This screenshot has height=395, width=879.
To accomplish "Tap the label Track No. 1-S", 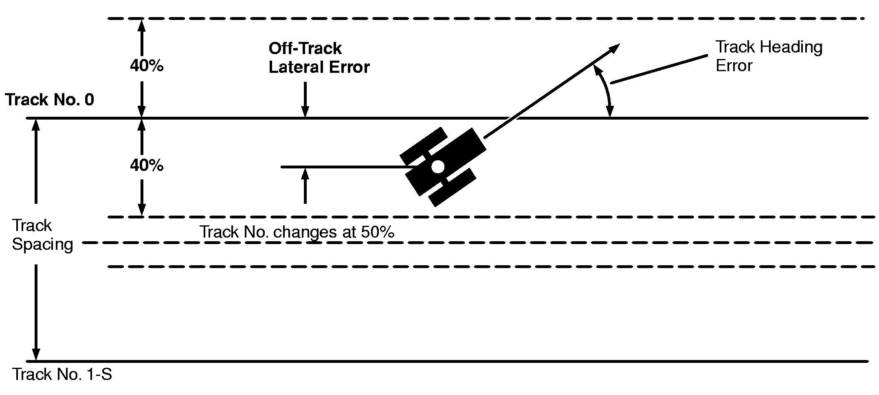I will [62, 374].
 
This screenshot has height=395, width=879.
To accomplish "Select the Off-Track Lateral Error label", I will [319, 58].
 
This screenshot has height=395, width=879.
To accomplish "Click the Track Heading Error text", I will [769, 56].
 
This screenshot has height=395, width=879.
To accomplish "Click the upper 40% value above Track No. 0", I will [147, 66].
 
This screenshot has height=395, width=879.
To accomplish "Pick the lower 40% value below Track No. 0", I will [147, 166].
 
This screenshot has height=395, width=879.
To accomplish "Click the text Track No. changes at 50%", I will [297, 232].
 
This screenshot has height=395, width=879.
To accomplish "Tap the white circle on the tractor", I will [438, 166].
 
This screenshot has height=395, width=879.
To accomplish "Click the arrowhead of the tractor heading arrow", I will [614, 48].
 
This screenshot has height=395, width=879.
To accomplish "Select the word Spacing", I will [43, 244].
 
